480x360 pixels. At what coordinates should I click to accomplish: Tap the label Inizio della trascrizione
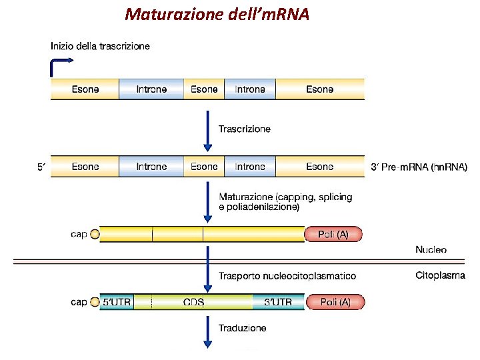pyautogui.click(x=100, y=46)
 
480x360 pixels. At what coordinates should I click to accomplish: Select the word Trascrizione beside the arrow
pyautogui.click(x=245, y=129)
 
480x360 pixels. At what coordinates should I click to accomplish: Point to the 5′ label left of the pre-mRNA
pyautogui.click(x=41, y=167)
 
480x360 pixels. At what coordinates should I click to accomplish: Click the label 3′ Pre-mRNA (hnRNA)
pyautogui.click(x=418, y=167)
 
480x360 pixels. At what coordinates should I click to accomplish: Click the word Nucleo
pyautogui.click(x=431, y=250)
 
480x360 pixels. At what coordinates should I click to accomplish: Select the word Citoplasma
pyautogui.click(x=440, y=275)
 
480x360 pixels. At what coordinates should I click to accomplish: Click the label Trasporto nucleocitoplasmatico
pyautogui.click(x=287, y=275)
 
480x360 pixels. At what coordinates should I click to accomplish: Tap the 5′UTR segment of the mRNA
pyautogui.click(x=116, y=302)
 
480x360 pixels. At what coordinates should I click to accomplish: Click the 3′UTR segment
pyautogui.click(x=277, y=302)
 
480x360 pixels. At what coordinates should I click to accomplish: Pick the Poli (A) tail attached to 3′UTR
pyautogui.click(x=335, y=302)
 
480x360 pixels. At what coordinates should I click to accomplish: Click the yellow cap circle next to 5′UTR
pyautogui.click(x=95, y=302)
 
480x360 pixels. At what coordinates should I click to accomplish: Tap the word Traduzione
pyautogui.click(x=242, y=328)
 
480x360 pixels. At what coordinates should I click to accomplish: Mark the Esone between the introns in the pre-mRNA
pyautogui.click(x=204, y=167)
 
